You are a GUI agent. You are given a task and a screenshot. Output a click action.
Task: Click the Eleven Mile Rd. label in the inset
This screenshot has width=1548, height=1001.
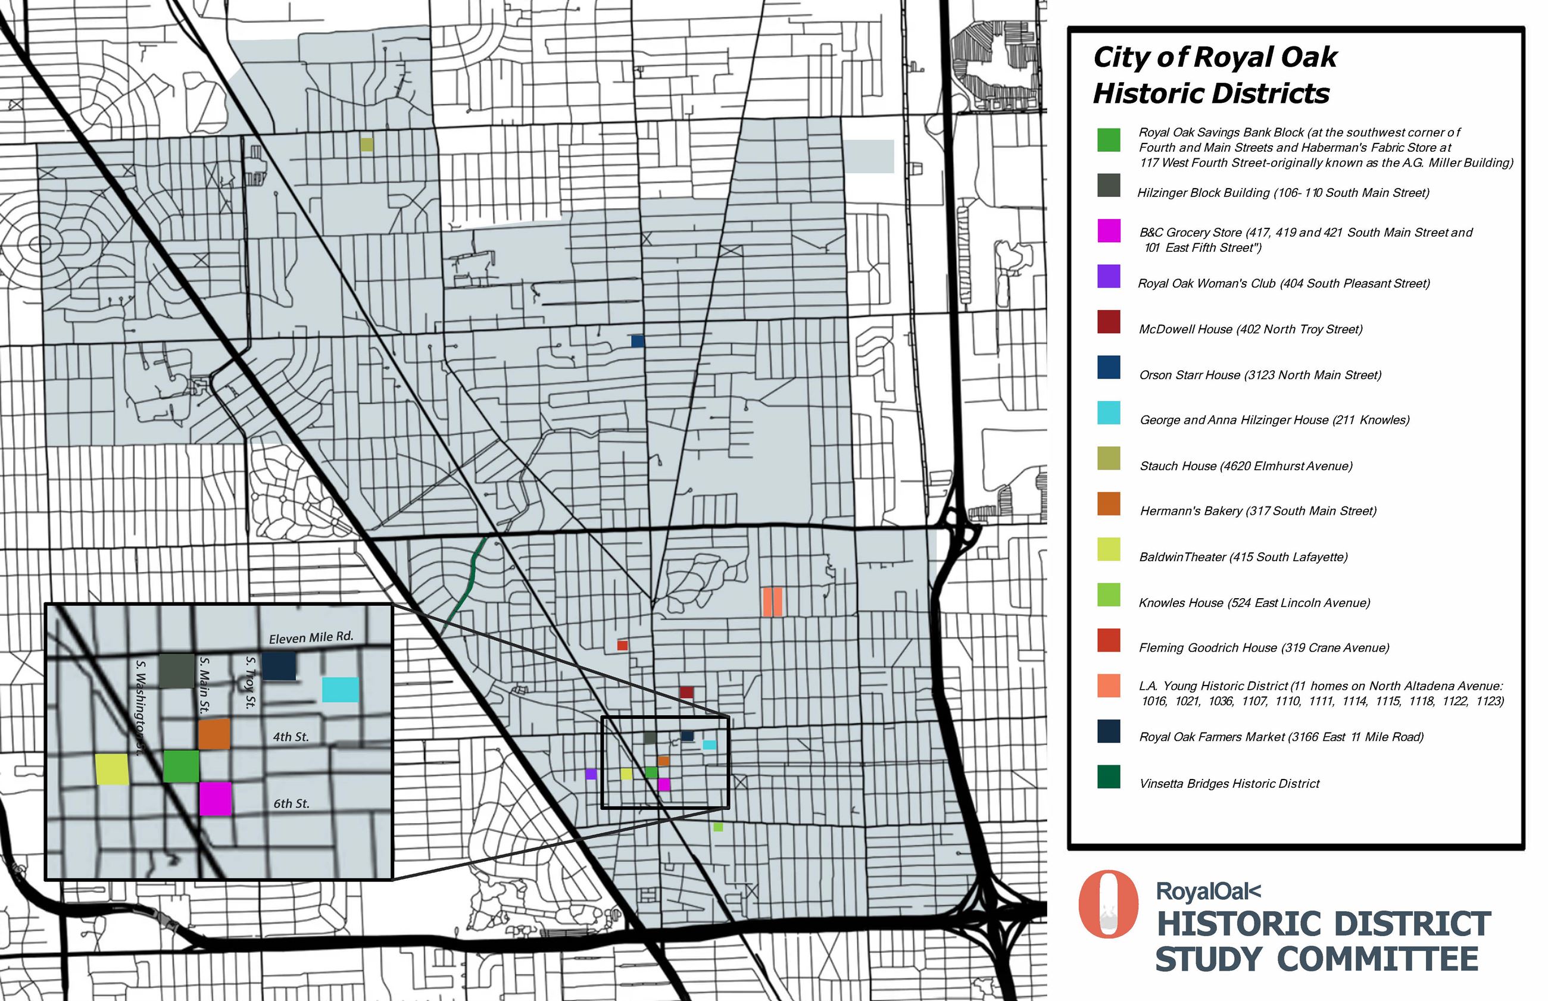[311, 637]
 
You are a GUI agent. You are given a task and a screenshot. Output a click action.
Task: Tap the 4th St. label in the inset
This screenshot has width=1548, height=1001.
[291, 736]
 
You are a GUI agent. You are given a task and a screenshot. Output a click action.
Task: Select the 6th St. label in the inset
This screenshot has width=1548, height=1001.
[291, 803]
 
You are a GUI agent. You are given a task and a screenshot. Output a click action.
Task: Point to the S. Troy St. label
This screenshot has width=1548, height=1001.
[250, 682]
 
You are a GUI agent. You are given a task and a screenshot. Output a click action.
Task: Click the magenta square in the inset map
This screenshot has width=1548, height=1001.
[215, 798]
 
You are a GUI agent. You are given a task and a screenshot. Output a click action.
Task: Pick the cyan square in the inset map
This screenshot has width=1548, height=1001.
[340, 690]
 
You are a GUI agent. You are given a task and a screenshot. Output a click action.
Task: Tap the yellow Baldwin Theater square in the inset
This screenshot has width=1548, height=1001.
[112, 769]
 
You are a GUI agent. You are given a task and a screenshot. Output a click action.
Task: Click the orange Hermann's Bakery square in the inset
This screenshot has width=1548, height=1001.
[214, 734]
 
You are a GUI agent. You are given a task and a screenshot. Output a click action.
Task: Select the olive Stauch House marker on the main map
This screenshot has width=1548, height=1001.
[367, 144]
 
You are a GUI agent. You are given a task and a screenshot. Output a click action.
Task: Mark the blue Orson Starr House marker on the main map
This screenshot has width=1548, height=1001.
[637, 341]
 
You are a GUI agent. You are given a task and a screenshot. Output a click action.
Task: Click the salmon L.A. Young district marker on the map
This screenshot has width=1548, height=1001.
[772, 601]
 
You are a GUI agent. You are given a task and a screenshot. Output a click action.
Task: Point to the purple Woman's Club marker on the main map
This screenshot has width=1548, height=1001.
[591, 774]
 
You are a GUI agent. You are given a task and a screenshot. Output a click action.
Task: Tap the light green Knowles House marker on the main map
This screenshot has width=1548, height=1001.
[718, 827]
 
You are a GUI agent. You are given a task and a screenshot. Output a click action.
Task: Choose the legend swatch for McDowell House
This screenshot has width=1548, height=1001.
[1109, 322]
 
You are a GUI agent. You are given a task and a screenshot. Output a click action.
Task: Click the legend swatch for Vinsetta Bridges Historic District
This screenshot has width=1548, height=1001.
[1109, 776]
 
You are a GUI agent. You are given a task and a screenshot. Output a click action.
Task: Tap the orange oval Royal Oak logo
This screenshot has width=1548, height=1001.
[1107, 904]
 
